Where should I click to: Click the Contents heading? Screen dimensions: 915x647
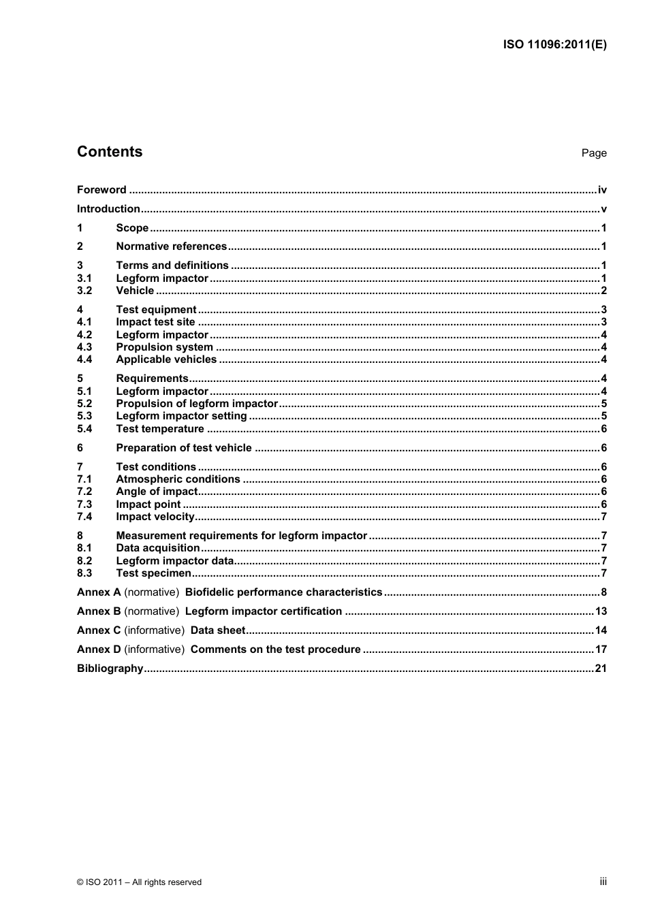(110, 152)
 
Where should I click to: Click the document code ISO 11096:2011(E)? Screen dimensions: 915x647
(554, 45)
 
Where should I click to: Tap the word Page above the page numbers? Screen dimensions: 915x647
(593, 153)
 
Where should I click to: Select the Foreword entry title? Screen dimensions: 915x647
(101, 190)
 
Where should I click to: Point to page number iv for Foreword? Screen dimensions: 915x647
(602, 190)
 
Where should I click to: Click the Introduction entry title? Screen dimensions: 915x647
(108, 209)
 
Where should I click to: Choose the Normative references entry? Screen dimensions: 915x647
(171, 246)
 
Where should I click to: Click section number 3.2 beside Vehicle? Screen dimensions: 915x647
(84, 291)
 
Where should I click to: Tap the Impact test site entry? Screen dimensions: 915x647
(155, 322)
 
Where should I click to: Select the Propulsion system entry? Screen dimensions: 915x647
(164, 347)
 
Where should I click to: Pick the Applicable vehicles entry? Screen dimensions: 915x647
(166, 359)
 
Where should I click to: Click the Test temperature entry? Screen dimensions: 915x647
(160, 429)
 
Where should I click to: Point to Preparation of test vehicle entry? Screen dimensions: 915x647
(184, 448)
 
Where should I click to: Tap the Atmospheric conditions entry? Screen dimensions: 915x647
(178, 479)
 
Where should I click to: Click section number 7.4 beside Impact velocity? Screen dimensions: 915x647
(84, 517)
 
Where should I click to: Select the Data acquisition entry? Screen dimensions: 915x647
(158, 548)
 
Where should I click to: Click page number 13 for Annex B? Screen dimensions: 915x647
(601, 611)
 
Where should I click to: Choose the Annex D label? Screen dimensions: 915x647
(99, 649)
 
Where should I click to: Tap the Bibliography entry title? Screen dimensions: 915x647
(110, 669)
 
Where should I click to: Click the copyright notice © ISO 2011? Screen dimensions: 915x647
(140, 882)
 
